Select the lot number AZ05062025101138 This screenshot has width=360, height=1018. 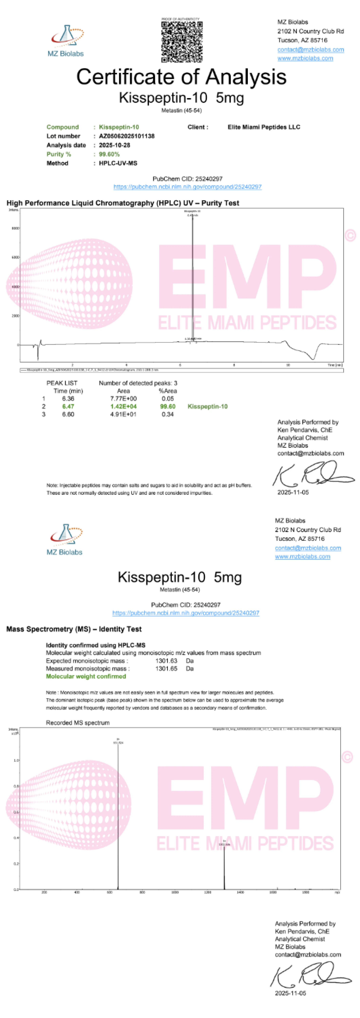126,136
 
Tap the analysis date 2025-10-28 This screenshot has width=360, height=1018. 114,145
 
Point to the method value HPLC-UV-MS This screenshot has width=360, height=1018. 118,163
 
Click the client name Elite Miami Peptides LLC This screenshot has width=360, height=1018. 264,127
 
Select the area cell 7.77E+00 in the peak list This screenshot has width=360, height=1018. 123,398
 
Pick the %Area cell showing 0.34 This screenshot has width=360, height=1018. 168,414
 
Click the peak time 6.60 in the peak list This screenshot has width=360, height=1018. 68,414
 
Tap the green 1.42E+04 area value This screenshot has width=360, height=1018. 123,406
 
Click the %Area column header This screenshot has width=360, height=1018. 168,391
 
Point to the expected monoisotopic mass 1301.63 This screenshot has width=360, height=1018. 166,661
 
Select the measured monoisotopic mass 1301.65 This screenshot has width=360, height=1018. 166,669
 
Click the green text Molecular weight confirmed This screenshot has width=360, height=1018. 86,676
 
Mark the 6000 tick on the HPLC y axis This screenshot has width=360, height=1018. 15,257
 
